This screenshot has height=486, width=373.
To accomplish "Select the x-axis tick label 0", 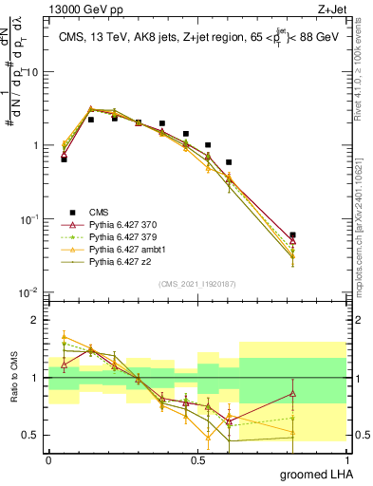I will pos(48,458).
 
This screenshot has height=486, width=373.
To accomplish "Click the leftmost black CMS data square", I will pos(64,159).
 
